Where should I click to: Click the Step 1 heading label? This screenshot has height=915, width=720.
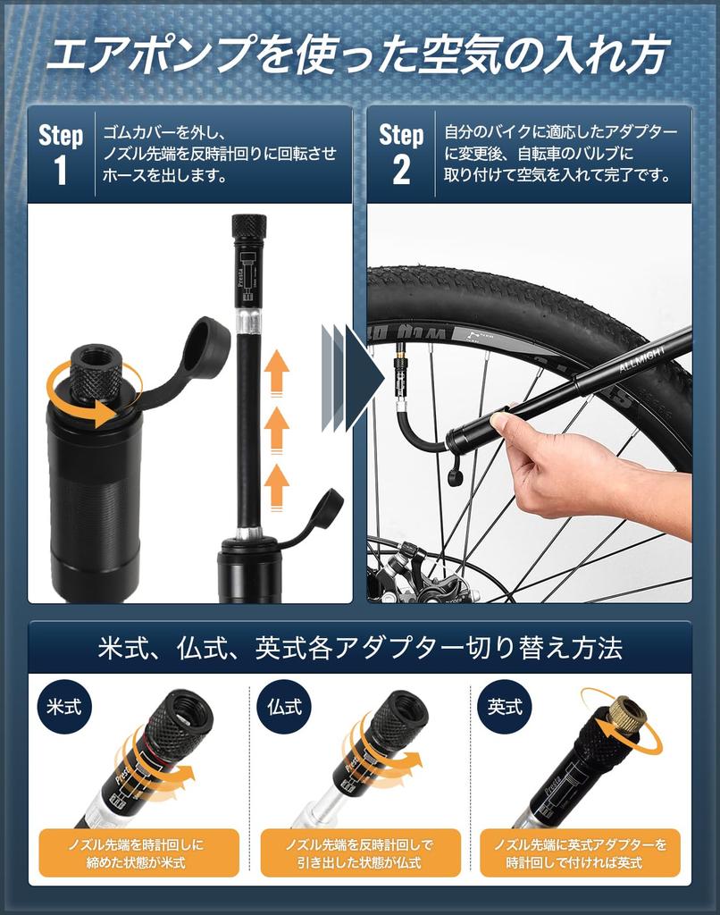[62, 154]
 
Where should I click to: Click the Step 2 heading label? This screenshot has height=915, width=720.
[401, 154]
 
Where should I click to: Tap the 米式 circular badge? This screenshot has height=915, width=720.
[64, 708]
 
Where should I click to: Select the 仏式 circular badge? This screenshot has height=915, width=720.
[284, 708]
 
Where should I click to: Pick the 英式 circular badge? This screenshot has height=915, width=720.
[505, 708]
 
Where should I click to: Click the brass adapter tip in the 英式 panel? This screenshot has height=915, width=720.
[625, 713]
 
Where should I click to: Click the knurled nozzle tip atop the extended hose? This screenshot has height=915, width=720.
[249, 227]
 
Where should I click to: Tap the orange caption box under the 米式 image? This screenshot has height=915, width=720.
[138, 852]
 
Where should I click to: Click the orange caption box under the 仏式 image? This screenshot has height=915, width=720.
[360, 852]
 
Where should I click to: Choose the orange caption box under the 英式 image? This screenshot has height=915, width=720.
[580, 852]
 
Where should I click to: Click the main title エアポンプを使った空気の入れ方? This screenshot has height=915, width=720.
[357, 55]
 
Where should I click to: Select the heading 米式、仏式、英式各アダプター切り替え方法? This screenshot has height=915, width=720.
[360, 648]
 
